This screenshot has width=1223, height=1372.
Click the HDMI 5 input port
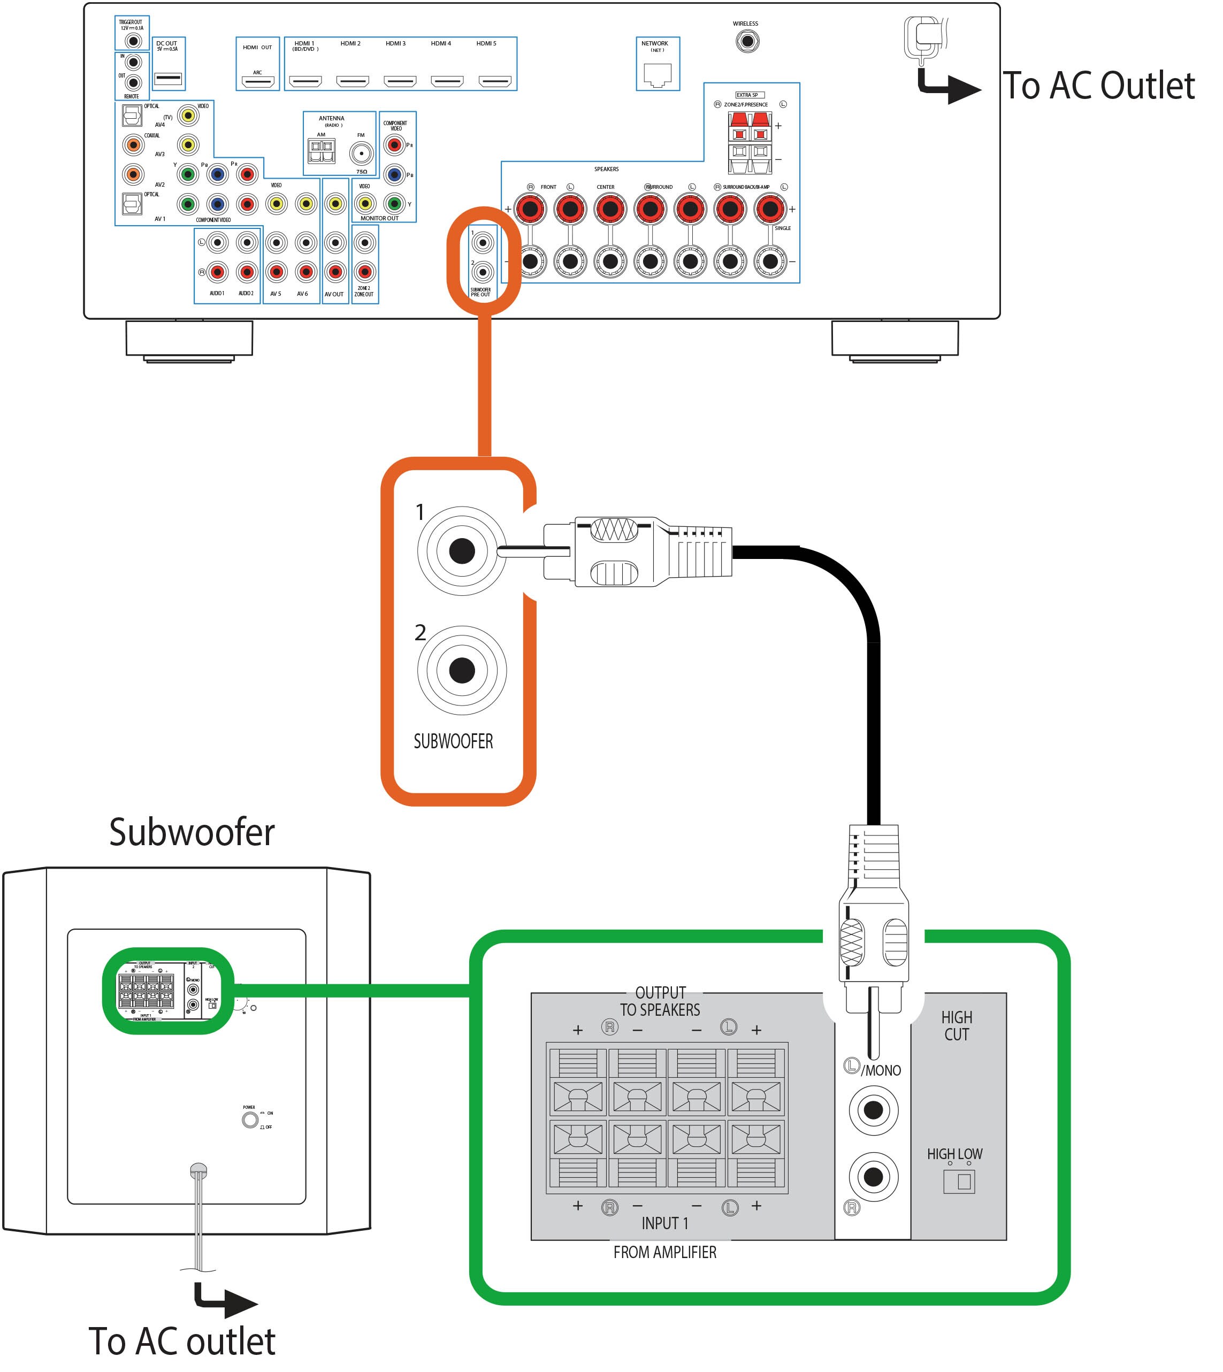(494, 82)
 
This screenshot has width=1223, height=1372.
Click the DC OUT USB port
(168, 79)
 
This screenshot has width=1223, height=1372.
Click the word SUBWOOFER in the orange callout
(453, 741)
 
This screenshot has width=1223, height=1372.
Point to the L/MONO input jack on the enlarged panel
(873, 1109)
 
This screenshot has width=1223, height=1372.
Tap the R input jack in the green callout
(873, 1176)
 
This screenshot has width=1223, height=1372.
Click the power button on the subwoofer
(250, 1120)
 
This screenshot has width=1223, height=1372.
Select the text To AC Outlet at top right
(1099, 86)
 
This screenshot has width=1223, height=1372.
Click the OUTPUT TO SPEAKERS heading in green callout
(660, 1001)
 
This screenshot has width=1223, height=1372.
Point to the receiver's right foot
(895, 339)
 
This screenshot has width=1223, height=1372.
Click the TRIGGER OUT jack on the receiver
(134, 41)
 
